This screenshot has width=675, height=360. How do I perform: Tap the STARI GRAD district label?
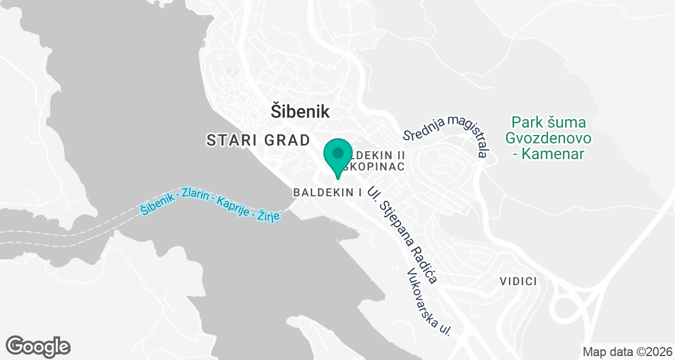click(258, 140)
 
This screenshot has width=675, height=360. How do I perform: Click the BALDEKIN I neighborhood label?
click(327, 192)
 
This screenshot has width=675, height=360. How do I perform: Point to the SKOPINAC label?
click(374, 167)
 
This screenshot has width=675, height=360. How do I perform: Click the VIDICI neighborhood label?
click(518, 281)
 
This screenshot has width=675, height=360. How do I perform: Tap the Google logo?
click(38, 345)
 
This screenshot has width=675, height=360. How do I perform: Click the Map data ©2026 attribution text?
click(627, 352)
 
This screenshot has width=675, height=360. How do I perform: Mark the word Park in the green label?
click(524, 122)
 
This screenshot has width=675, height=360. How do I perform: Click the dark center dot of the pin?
click(337, 152)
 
